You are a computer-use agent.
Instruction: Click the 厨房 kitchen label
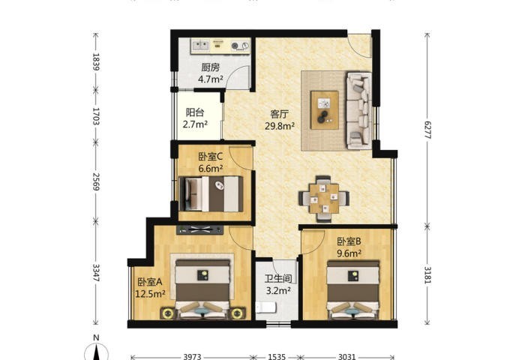click(210, 67)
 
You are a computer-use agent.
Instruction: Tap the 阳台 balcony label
click(195, 112)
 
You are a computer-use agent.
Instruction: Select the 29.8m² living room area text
click(280, 126)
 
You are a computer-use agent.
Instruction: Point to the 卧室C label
click(210, 157)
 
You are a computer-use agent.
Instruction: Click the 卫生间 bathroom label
click(278, 278)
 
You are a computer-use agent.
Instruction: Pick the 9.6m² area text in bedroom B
click(349, 253)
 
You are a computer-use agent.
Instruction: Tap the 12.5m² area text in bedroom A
click(150, 294)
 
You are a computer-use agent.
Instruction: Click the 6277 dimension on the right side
click(427, 130)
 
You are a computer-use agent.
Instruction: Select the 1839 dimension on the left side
click(96, 61)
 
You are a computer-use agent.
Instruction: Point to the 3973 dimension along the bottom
click(192, 357)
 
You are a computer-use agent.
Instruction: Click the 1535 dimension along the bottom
click(277, 357)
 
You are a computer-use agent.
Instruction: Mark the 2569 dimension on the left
click(96, 181)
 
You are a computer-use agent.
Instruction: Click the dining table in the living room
click(324, 199)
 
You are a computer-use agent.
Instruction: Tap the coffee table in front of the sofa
click(325, 109)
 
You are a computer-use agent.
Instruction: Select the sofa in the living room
click(358, 110)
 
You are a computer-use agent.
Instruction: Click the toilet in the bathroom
click(265, 307)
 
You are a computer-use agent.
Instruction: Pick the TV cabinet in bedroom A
click(200, 229)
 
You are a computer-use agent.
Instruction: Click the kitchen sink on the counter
click(200, 44)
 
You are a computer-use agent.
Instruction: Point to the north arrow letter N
click(96, 338)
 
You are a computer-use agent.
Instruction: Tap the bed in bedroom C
click(211, 194)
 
